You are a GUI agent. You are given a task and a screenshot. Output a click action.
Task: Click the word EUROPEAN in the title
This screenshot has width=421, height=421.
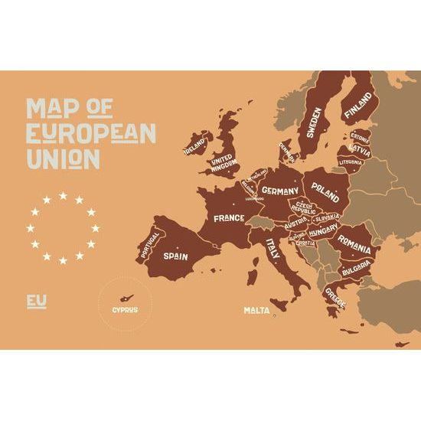[x=91, y=132]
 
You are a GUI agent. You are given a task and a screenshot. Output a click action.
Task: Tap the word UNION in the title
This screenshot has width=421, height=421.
[x=63, y=158]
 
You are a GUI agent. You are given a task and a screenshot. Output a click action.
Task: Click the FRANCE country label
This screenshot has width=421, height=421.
[x=229, y=218]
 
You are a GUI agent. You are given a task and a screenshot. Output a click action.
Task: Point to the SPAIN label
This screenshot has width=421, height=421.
[x=176, y=256]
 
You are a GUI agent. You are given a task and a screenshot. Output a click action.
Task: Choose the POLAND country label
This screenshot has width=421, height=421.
[x=325, y=191]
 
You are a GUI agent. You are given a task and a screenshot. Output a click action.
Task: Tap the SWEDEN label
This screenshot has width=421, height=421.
[x=314, y=121]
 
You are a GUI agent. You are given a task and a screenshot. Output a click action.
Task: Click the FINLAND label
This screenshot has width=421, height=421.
[x=358, y=108]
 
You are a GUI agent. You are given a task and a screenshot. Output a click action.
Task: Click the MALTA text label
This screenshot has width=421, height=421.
[x=256, y=310]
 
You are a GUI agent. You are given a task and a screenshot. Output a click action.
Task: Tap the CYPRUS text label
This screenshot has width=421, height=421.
[x=125, y=309]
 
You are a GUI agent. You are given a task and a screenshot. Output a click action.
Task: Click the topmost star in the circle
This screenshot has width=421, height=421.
[x=63, y=195]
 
